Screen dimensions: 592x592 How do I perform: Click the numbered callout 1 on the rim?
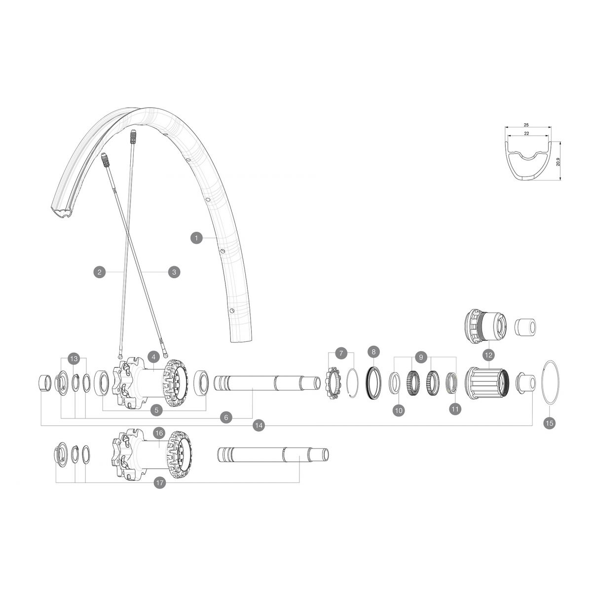coord(196,238)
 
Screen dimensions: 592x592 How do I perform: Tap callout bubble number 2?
coord(100,271)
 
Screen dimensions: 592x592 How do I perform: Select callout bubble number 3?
coord(174,271)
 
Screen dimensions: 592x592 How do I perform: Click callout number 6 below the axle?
coord(226,417)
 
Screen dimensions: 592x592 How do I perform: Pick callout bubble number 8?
coord(373,352)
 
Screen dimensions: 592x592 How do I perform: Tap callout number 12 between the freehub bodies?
coord(488,355)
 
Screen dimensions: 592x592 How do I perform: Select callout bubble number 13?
coord(74,359)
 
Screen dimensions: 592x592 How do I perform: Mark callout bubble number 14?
coord(259,425)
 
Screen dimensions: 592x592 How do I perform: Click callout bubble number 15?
coord(549,422)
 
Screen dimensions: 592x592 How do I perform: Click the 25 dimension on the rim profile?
coord(527,125)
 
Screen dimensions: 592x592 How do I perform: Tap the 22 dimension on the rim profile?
coord(527,134)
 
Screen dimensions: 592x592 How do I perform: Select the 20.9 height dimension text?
coord(558,161)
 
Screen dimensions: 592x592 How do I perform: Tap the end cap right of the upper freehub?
coord(526,327)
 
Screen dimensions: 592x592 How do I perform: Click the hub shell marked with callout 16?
coord(148,454)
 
